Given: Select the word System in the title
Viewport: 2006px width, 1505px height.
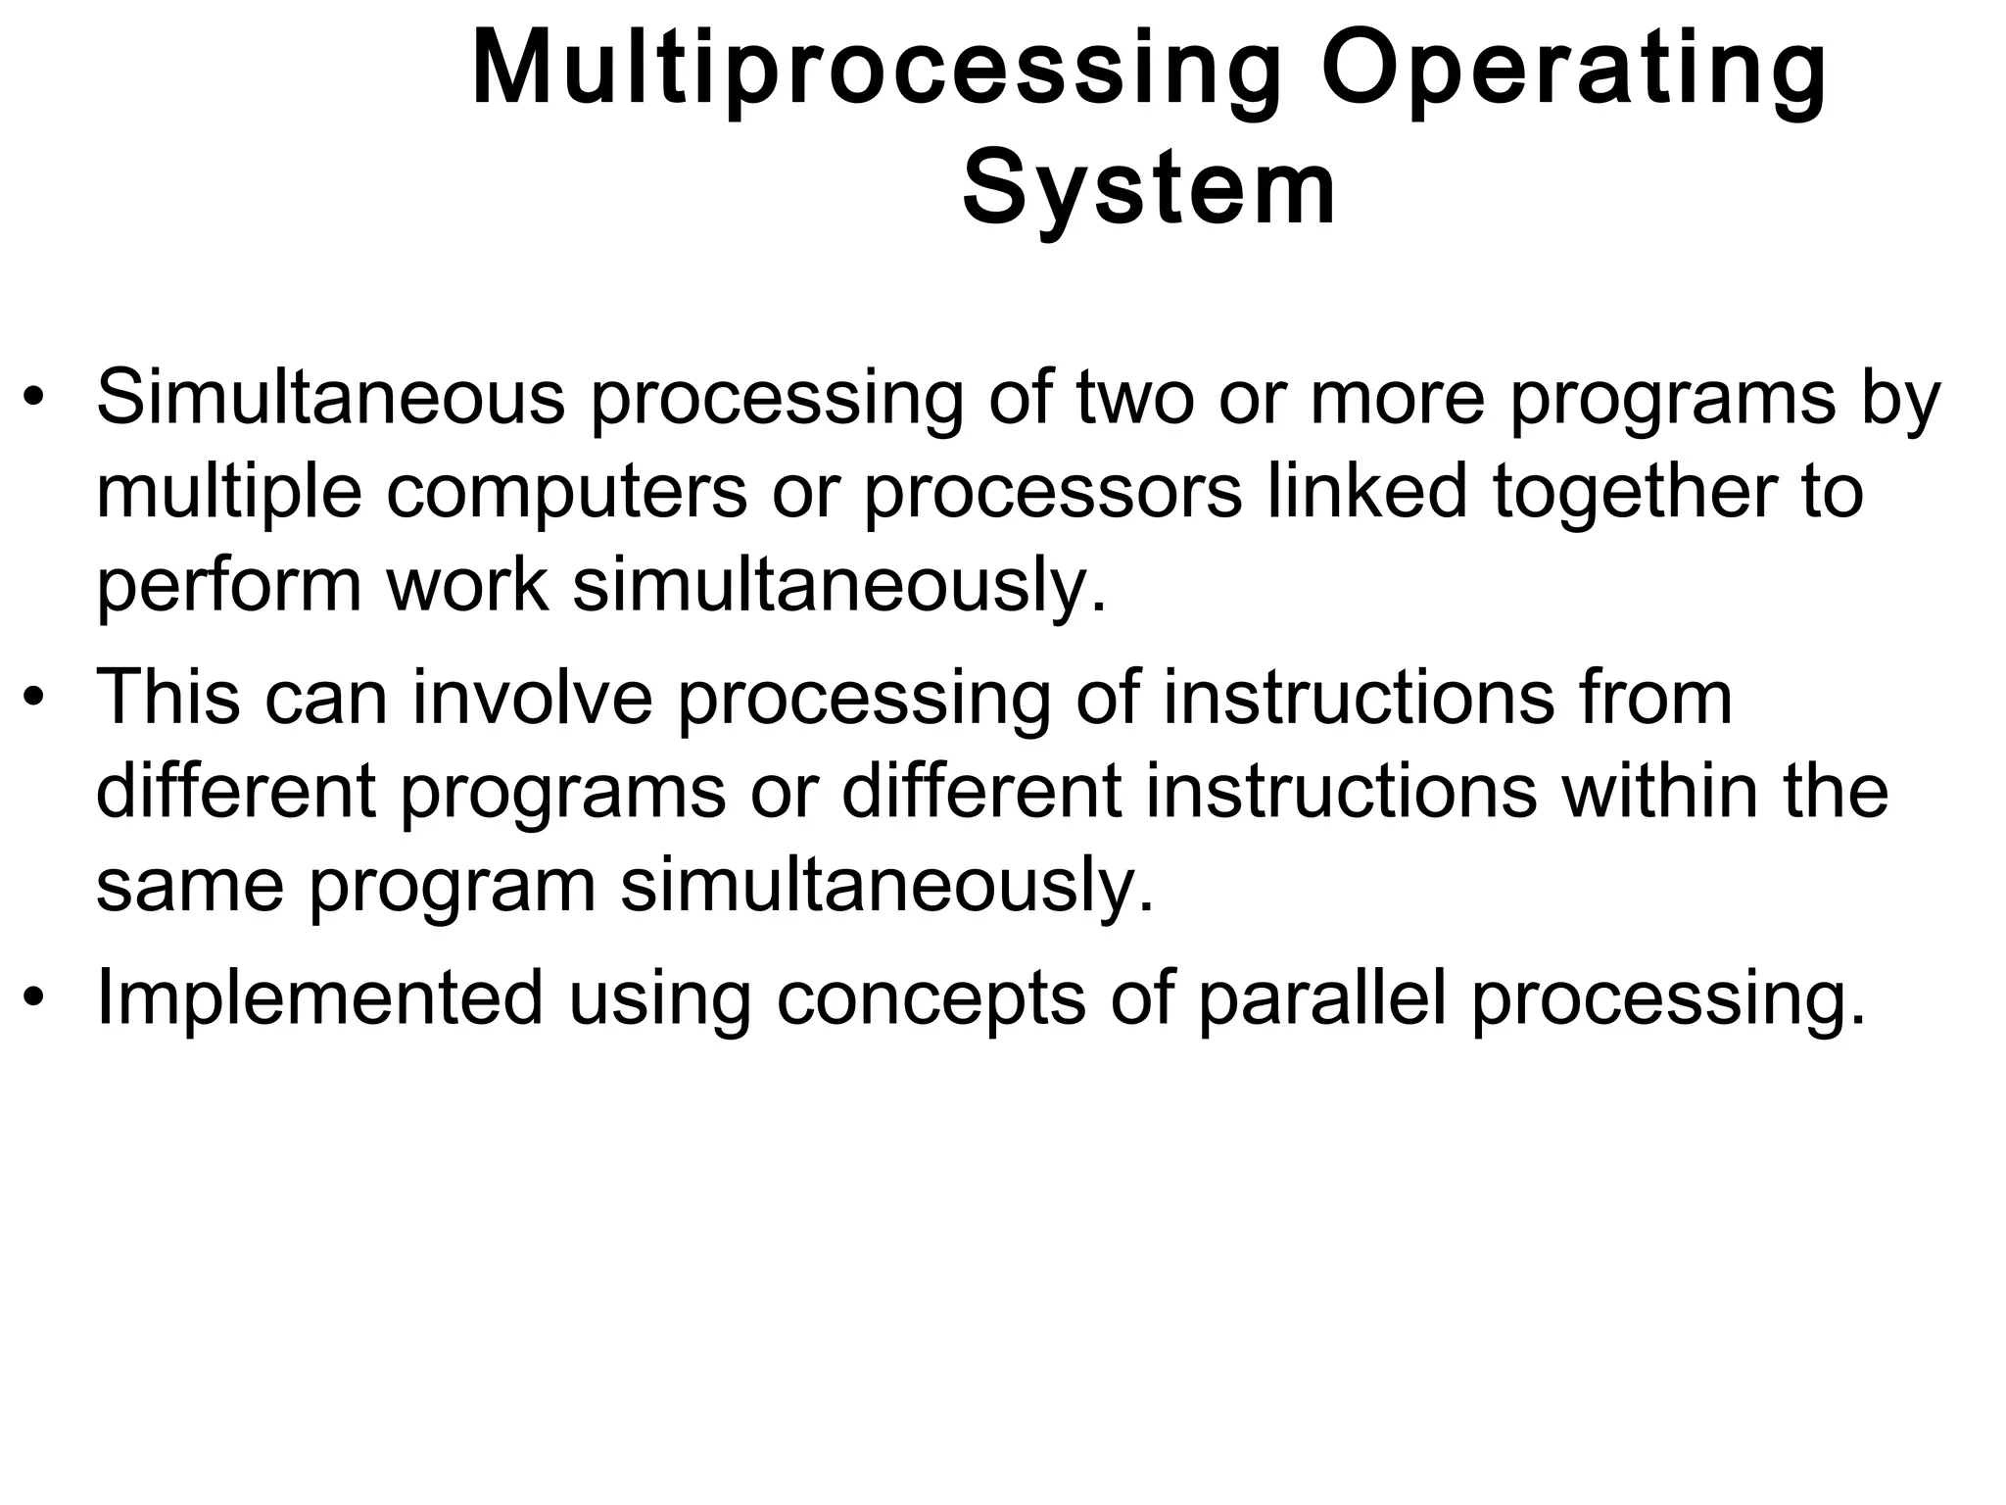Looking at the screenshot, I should tap(1150, 190).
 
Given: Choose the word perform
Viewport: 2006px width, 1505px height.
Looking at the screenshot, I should tap(228, 586).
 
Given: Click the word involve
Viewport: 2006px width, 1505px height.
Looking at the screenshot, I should tap(532, 698).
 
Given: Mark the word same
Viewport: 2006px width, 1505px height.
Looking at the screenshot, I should tap(190, 886).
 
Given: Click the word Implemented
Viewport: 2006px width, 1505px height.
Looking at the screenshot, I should tap(320, 998).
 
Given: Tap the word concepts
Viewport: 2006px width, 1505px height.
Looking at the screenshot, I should tap(931, 1000).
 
